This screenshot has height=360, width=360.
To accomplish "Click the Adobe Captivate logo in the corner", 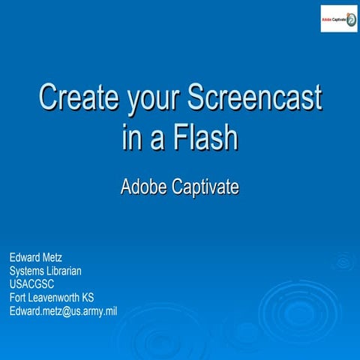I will [x=338, y=18].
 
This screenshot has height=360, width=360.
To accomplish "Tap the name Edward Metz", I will [x=36, y=258].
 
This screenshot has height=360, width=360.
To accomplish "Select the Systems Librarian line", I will [x=45, y=271].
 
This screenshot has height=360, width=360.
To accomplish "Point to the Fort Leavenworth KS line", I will [x=52, y=297].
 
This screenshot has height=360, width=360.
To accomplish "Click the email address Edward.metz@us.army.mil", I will [x=63, y=310].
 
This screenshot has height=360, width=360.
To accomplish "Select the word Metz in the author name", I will [x=52, y=258].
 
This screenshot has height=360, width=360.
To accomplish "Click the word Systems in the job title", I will [x=25, y=271].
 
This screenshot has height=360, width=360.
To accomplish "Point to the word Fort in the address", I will [x=17, y=297].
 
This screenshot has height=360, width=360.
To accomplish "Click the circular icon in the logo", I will [x=351, y=19].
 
